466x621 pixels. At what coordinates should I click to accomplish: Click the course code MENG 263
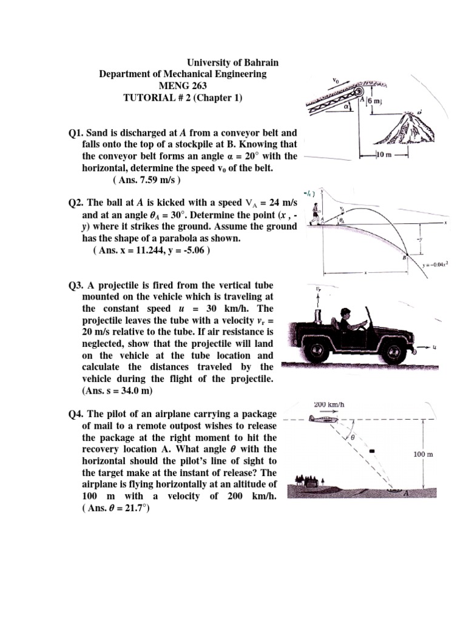[x=182, y=86]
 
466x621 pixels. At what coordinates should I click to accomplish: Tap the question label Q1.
[x=78, y=132]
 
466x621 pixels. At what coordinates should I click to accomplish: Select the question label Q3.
[x=78, y=285]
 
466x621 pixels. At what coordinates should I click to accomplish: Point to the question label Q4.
[x=78, y=414]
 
